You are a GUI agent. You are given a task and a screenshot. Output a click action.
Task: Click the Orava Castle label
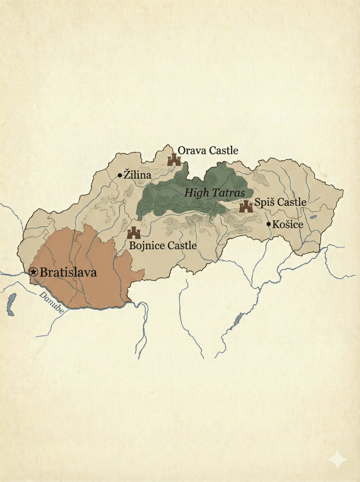pos(208,151)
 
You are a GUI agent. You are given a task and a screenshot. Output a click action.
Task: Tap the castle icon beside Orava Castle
pos(174,160)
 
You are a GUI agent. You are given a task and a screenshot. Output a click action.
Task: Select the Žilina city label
pos(137,175)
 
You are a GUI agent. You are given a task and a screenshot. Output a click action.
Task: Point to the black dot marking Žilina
pos(120,175)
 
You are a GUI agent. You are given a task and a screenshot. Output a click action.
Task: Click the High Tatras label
pos(215,193)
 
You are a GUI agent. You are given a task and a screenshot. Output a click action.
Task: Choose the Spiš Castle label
pos(280,202)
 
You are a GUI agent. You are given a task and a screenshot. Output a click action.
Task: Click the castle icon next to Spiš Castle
pos(246,206)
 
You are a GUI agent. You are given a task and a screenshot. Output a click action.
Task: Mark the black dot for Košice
pos(269,224)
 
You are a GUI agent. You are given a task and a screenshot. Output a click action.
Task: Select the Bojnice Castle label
pos(163,246)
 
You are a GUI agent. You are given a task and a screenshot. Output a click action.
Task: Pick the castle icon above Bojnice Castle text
pos(134,233)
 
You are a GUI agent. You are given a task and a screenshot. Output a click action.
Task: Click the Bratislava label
pos(68,272)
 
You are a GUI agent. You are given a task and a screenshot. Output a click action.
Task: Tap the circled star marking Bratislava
pos(33,272)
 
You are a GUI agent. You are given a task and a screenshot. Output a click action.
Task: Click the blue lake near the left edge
pos(11,304)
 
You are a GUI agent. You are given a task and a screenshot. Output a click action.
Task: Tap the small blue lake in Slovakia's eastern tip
pos(313,217)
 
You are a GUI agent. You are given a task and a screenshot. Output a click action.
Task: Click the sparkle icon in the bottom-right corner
pos(337,459)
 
